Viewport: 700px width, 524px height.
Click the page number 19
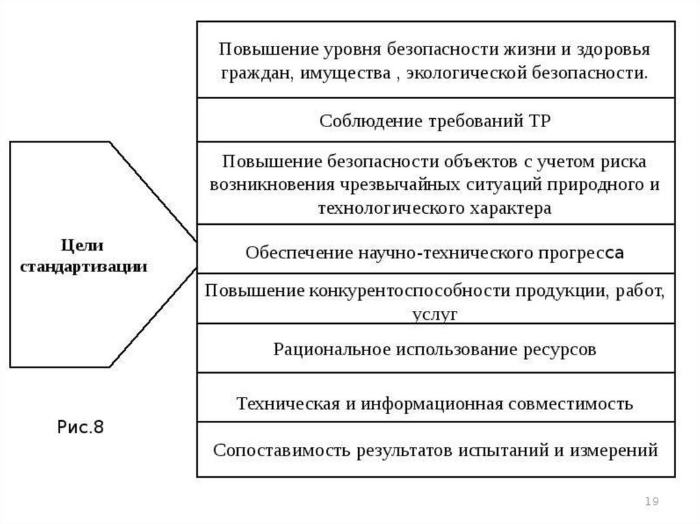[x=651, y=502]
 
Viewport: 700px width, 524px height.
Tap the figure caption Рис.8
[x=80, y=428]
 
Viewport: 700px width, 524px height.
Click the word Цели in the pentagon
[x=83, y=246]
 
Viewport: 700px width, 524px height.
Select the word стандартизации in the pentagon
[x=83, y=266]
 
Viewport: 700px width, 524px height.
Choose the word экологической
[x=463, y=73]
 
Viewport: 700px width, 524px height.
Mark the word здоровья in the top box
[x=611, y=51]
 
